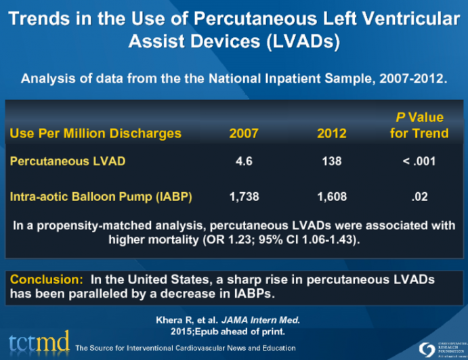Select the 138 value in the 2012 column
(x=332, y=161)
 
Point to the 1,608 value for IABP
(x=332, y=197)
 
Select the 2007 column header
(x=243, y=133)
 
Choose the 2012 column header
(x=332, y=133)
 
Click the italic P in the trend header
(x=400, y=117)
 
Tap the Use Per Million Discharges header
(x=95, y=133)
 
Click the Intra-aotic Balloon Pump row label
(x=101, y=197)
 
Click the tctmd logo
(x=38, y=342)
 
